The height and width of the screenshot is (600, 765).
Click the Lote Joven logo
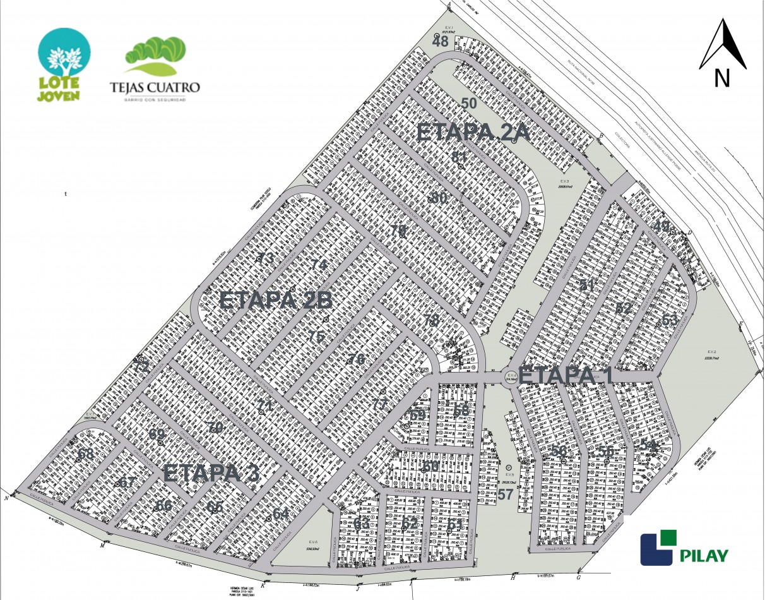pyautogui.click(x=64, y=65)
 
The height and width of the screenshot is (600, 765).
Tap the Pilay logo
pyautogui.click(x=684, y=548)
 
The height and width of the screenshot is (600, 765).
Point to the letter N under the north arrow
pyautogui.click(x=722, y=78)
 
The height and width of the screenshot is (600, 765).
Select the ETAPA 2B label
pyautogui.click(x=275, y=301)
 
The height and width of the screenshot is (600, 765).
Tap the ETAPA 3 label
pyautogui.click(x=211, y=473)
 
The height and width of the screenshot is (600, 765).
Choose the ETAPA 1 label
pyautogui.click(x=567, y=374)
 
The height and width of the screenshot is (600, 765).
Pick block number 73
pyautogui.click(x=265, y=258)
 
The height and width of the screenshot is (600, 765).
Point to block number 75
pyautogui.click(x=316, y=337)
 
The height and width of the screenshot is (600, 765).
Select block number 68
pyautogui.click(x=86, y=453)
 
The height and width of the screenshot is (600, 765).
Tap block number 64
pyautogui.click(x=280, y=513)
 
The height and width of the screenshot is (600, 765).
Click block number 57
pyautogui.click(x=505, y=494)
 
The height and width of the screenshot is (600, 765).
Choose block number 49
pyautogui.click(x=660, y=225)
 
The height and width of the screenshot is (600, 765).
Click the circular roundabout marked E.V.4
pyautogui.click(x=511, y=377)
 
